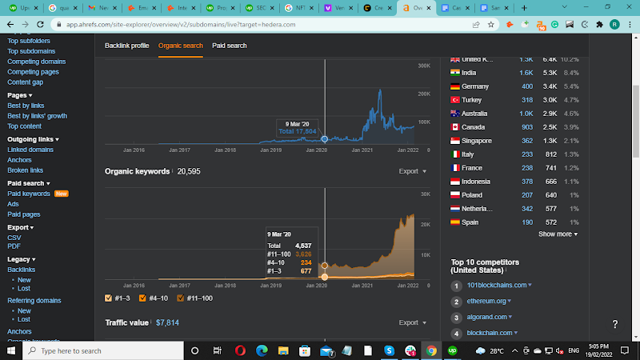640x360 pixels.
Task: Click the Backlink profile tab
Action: (x=126, y=46)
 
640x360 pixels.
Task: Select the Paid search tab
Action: (x=229, y=46)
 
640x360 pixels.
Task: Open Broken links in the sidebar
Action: (x=26, y=170)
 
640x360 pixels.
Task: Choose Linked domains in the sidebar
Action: (x=30, y=150)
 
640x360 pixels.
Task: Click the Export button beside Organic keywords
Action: (x=412, y=171)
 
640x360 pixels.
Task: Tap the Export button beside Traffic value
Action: (x=412, y=322)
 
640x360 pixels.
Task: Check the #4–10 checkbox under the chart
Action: (x=142, y=298)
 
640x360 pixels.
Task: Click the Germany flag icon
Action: (x=456, y=86)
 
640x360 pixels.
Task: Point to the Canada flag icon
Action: (x=456, y=127)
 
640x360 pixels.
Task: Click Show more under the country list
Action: (x=558, y=234)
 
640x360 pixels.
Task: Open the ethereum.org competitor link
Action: (x=488, y=301)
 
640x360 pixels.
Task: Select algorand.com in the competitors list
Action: (x=488, y=317)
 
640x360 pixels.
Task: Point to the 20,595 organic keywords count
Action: (x=189, y=171)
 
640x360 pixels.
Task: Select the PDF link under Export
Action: (x=14, y=246)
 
